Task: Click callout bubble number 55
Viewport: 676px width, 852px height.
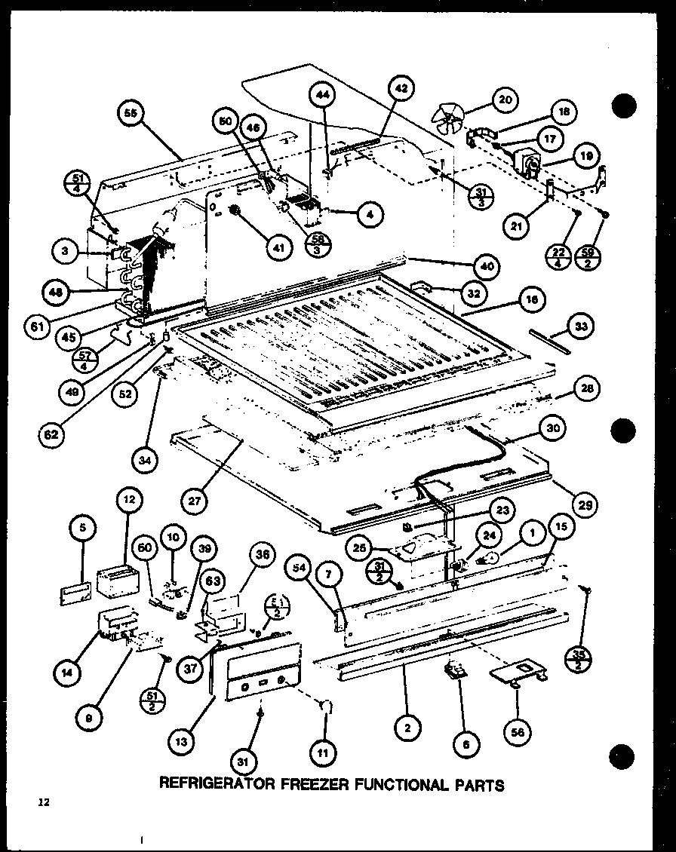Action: click(131, 115)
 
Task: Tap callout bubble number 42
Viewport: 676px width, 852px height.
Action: click(401, 89)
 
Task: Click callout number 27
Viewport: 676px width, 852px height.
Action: click(195, 500)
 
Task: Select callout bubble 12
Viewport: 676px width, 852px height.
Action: click(128, 500)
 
